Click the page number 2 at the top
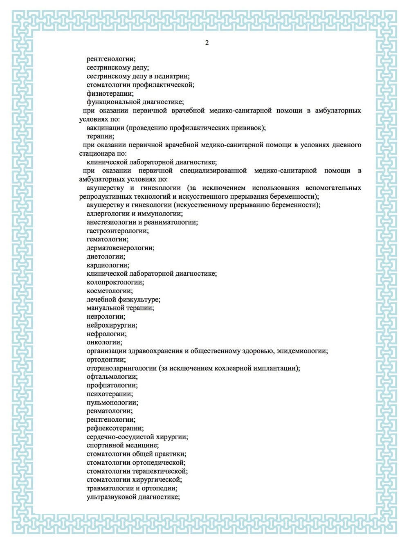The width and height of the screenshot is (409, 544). (x=207, y=43)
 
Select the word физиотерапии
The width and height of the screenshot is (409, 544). (x=110, y=93)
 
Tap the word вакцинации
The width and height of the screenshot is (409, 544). (x=105, y=128)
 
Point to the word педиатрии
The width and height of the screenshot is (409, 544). (x=172, y=76)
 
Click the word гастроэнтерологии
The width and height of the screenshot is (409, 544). (x=117, y=231)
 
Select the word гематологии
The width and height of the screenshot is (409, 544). (x=107, y=239)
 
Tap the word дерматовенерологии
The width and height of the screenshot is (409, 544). (x=120, y=248)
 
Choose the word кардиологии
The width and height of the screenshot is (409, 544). (x=108, y=265)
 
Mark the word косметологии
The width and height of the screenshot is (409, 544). (x=110, y=291)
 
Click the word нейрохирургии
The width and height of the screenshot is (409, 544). (x=112, y=325)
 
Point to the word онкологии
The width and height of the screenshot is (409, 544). (x=104, y=342)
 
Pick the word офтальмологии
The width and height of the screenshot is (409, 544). (x=112, y=377)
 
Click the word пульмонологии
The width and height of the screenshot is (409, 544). (x=112, y=402)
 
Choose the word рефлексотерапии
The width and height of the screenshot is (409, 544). (x=115, y=428)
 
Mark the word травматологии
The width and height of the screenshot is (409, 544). (x=110, y=488)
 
